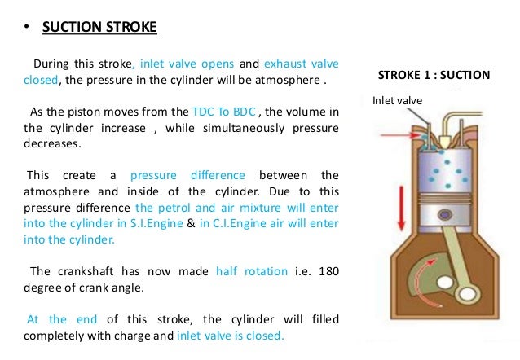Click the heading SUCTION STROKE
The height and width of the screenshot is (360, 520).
point(99,28)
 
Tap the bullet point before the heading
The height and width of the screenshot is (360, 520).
point(27,28)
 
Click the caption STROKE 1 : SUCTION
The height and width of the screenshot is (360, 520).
point(434,76)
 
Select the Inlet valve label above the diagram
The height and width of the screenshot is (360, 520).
point(397,101)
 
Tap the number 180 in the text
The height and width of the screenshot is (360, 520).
point(328,270)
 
